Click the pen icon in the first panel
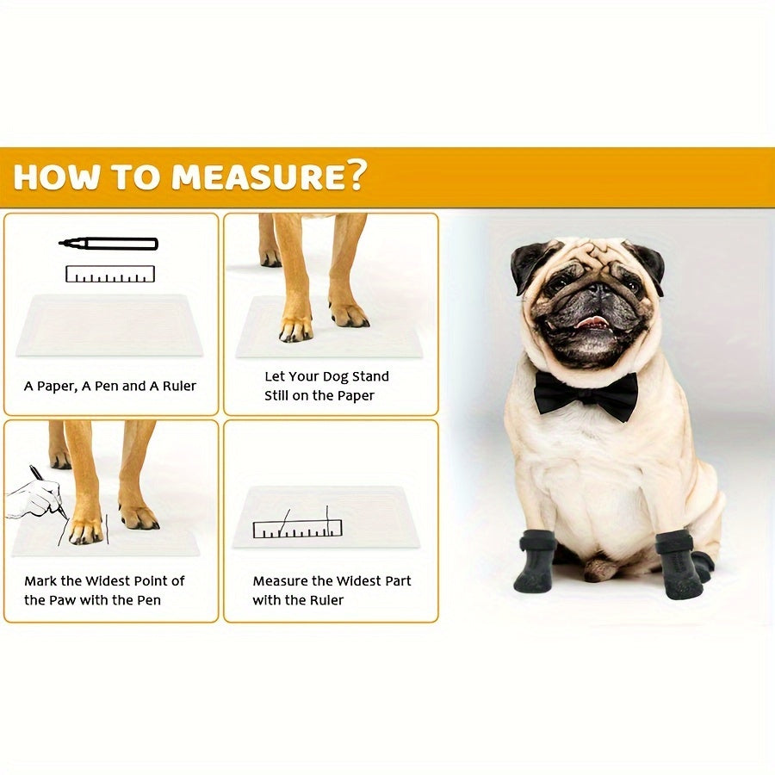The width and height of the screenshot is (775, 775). (x=109, y=244)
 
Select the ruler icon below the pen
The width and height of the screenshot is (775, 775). (x=109, y=274)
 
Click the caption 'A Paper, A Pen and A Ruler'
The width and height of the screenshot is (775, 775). (x=110, y=386)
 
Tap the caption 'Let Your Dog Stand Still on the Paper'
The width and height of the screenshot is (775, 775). (x=326, y=387)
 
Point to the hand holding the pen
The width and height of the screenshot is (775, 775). (x=34, y=495)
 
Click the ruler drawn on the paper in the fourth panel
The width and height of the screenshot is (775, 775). (x=297, y=528)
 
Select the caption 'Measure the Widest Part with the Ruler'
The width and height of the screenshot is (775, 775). (x=332, y=591)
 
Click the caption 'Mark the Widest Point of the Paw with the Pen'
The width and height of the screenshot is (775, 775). (x=104, y=591)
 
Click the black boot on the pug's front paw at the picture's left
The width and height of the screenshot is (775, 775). (x=536, y=561)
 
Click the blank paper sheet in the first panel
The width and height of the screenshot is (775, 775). (x=109, y=325)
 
